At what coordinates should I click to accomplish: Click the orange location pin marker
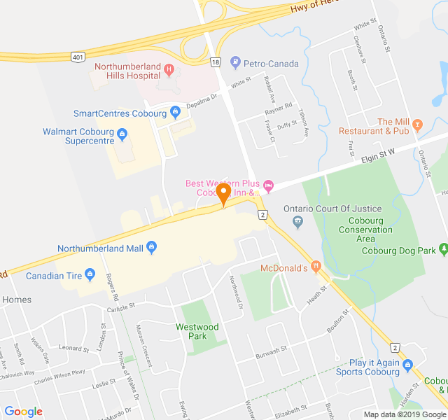(224, 193)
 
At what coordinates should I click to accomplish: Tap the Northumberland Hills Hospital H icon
(168, 69)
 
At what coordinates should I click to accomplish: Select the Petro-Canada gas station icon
(236, 64)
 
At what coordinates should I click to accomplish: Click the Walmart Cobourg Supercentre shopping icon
(122, 132)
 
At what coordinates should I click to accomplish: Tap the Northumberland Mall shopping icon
(152, 248)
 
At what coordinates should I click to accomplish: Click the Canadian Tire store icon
(89, 275)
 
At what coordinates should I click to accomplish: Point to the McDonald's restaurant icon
(316, 267)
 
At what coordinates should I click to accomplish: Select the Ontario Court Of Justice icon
(297, 223)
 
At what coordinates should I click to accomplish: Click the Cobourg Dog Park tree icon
(443, 250)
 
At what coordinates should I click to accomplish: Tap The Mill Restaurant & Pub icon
(419, 126)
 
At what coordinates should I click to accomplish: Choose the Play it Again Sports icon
(408, 363)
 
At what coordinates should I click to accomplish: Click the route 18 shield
(215, 62)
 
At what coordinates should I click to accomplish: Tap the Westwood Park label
(197, 331)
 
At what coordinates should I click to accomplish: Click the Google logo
(23, 411)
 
